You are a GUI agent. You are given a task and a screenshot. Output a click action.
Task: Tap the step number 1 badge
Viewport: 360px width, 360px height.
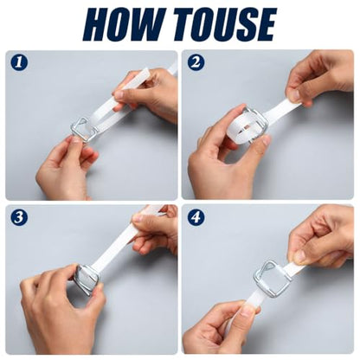tap(19, 62)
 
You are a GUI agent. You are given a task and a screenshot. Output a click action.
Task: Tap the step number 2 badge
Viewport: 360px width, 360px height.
tap(196, 62)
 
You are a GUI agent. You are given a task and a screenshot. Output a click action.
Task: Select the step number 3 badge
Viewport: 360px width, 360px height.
tap(19, 217)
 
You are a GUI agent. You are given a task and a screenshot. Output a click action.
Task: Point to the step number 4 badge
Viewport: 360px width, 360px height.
tap(196, 217)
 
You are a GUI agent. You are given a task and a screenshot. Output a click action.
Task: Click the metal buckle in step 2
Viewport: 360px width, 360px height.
tap(254, 123)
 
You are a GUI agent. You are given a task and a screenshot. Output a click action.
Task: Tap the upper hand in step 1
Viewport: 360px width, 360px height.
tap(147, 93)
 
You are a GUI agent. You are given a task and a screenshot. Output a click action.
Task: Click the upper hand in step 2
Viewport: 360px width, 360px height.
tap(319, 77)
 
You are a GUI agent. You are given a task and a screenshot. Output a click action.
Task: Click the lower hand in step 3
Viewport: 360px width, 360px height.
tap(62, 309)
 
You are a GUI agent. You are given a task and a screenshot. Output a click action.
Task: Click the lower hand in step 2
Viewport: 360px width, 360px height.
tap(225, 162)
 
